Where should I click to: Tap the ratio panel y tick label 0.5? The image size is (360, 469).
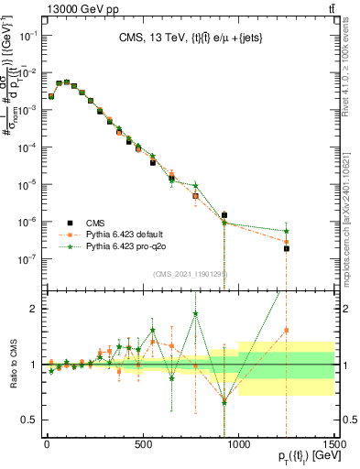point(30,420)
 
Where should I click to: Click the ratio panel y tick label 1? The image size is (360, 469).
point(36,365)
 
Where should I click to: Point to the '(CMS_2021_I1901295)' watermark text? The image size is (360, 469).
point(190,274)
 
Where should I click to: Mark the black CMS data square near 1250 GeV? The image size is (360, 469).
point(287,248)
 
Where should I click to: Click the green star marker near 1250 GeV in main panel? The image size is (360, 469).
point(287,232)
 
